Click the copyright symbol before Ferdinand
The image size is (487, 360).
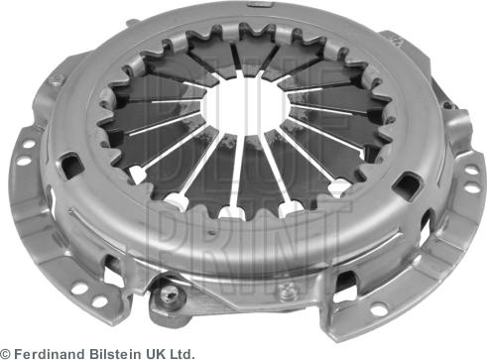point(6,354)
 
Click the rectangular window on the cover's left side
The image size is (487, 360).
point(71,167)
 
